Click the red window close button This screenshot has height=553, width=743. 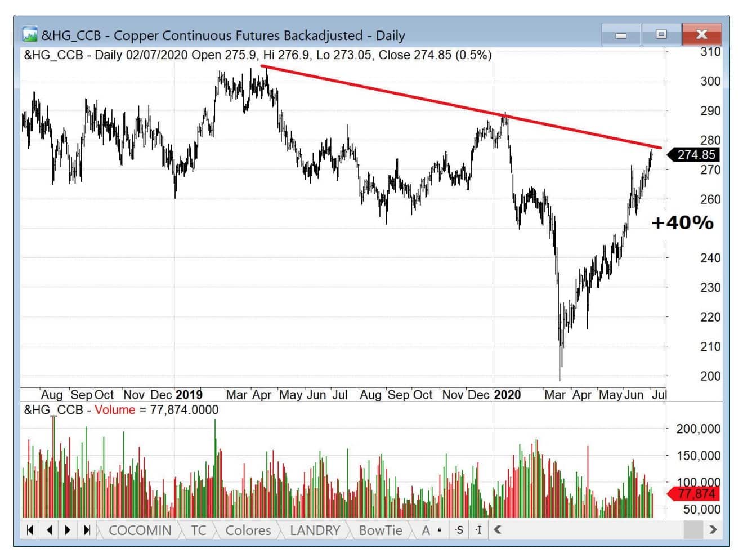point(701,34)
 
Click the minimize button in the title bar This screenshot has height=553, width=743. point(621,35)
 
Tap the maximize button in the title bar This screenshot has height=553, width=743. point(661,34)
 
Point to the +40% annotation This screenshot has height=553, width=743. point(682,223)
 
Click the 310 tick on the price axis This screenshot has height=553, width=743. point(710,52)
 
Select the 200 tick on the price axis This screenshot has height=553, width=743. point(710,376)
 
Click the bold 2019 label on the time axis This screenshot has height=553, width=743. point(189,395)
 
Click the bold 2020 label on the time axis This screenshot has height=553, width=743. point(507,395)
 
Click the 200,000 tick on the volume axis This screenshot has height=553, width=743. point(698,429)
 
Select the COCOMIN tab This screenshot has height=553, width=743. point(140,530)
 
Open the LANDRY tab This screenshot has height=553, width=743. point(315,530)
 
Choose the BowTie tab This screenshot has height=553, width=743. point(381,530)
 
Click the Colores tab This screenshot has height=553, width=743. point(248,530)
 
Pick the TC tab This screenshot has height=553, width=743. point(198,530)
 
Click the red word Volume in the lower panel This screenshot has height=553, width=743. point(115,410)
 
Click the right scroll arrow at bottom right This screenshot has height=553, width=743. point(713,529)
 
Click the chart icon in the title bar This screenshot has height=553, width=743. point(29,34)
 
